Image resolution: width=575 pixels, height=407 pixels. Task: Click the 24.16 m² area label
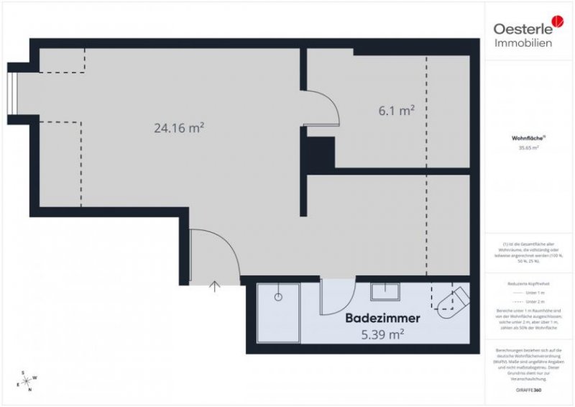pos(179,128)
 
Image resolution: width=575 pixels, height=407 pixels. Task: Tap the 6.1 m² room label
pos(397,111)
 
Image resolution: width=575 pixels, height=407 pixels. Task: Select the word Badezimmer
pos(382,317)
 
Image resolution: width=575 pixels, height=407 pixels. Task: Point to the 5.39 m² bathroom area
pos(382,333)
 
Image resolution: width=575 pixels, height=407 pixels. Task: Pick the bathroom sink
pos(385,291)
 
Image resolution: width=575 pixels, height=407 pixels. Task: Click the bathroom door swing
pos(336,297)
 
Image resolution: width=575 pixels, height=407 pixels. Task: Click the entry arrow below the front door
pos(214,287)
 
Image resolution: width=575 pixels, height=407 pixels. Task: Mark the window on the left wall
pos(11,93)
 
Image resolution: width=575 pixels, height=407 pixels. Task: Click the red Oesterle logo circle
pos(558,24)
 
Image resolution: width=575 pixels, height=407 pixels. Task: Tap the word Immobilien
pos(523,44)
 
